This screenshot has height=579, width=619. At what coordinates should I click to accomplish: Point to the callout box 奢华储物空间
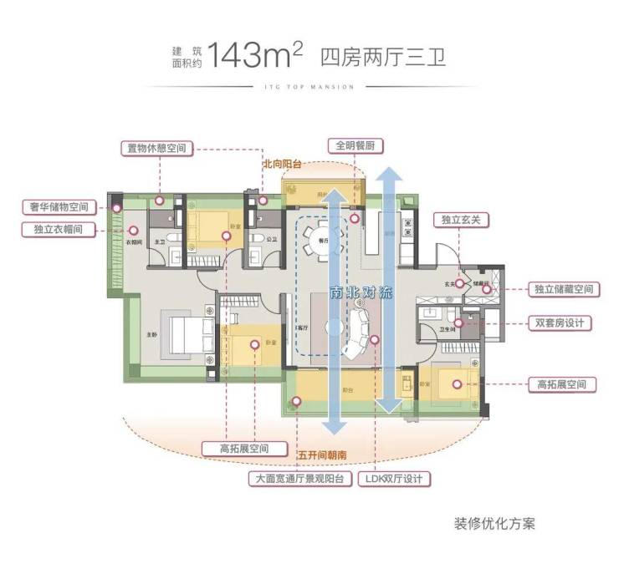56,206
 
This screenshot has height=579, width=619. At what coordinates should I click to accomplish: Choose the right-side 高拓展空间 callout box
562,385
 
